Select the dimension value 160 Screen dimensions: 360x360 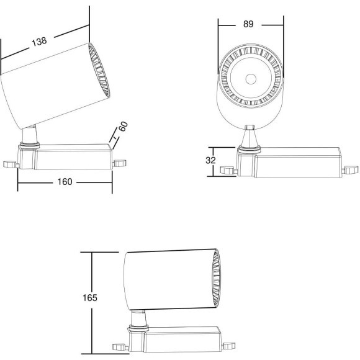click(65, 182)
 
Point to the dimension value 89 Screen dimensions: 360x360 click(248, 24)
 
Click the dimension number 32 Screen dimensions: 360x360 click(210, 160)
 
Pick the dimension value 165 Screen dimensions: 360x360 click(90, 298)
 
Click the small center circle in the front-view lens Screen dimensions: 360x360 click(251, 79)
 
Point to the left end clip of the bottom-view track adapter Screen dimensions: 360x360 click(118, 348)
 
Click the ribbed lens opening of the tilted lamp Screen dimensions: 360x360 click(98, 70)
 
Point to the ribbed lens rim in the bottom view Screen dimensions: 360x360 click(215, 279)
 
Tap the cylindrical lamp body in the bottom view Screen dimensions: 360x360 click(168, 279)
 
